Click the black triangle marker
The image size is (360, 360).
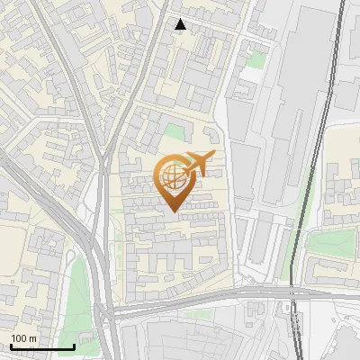click(x=181, y=24)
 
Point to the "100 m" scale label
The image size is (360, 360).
click(x=23, y=338)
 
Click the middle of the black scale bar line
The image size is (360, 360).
click(x=42, y=346)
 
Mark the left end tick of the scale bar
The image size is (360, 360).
click(x=11, y=345)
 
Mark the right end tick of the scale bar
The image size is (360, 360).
click(x=74, y=345)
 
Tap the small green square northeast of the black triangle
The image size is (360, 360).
click(x=257, y=60)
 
